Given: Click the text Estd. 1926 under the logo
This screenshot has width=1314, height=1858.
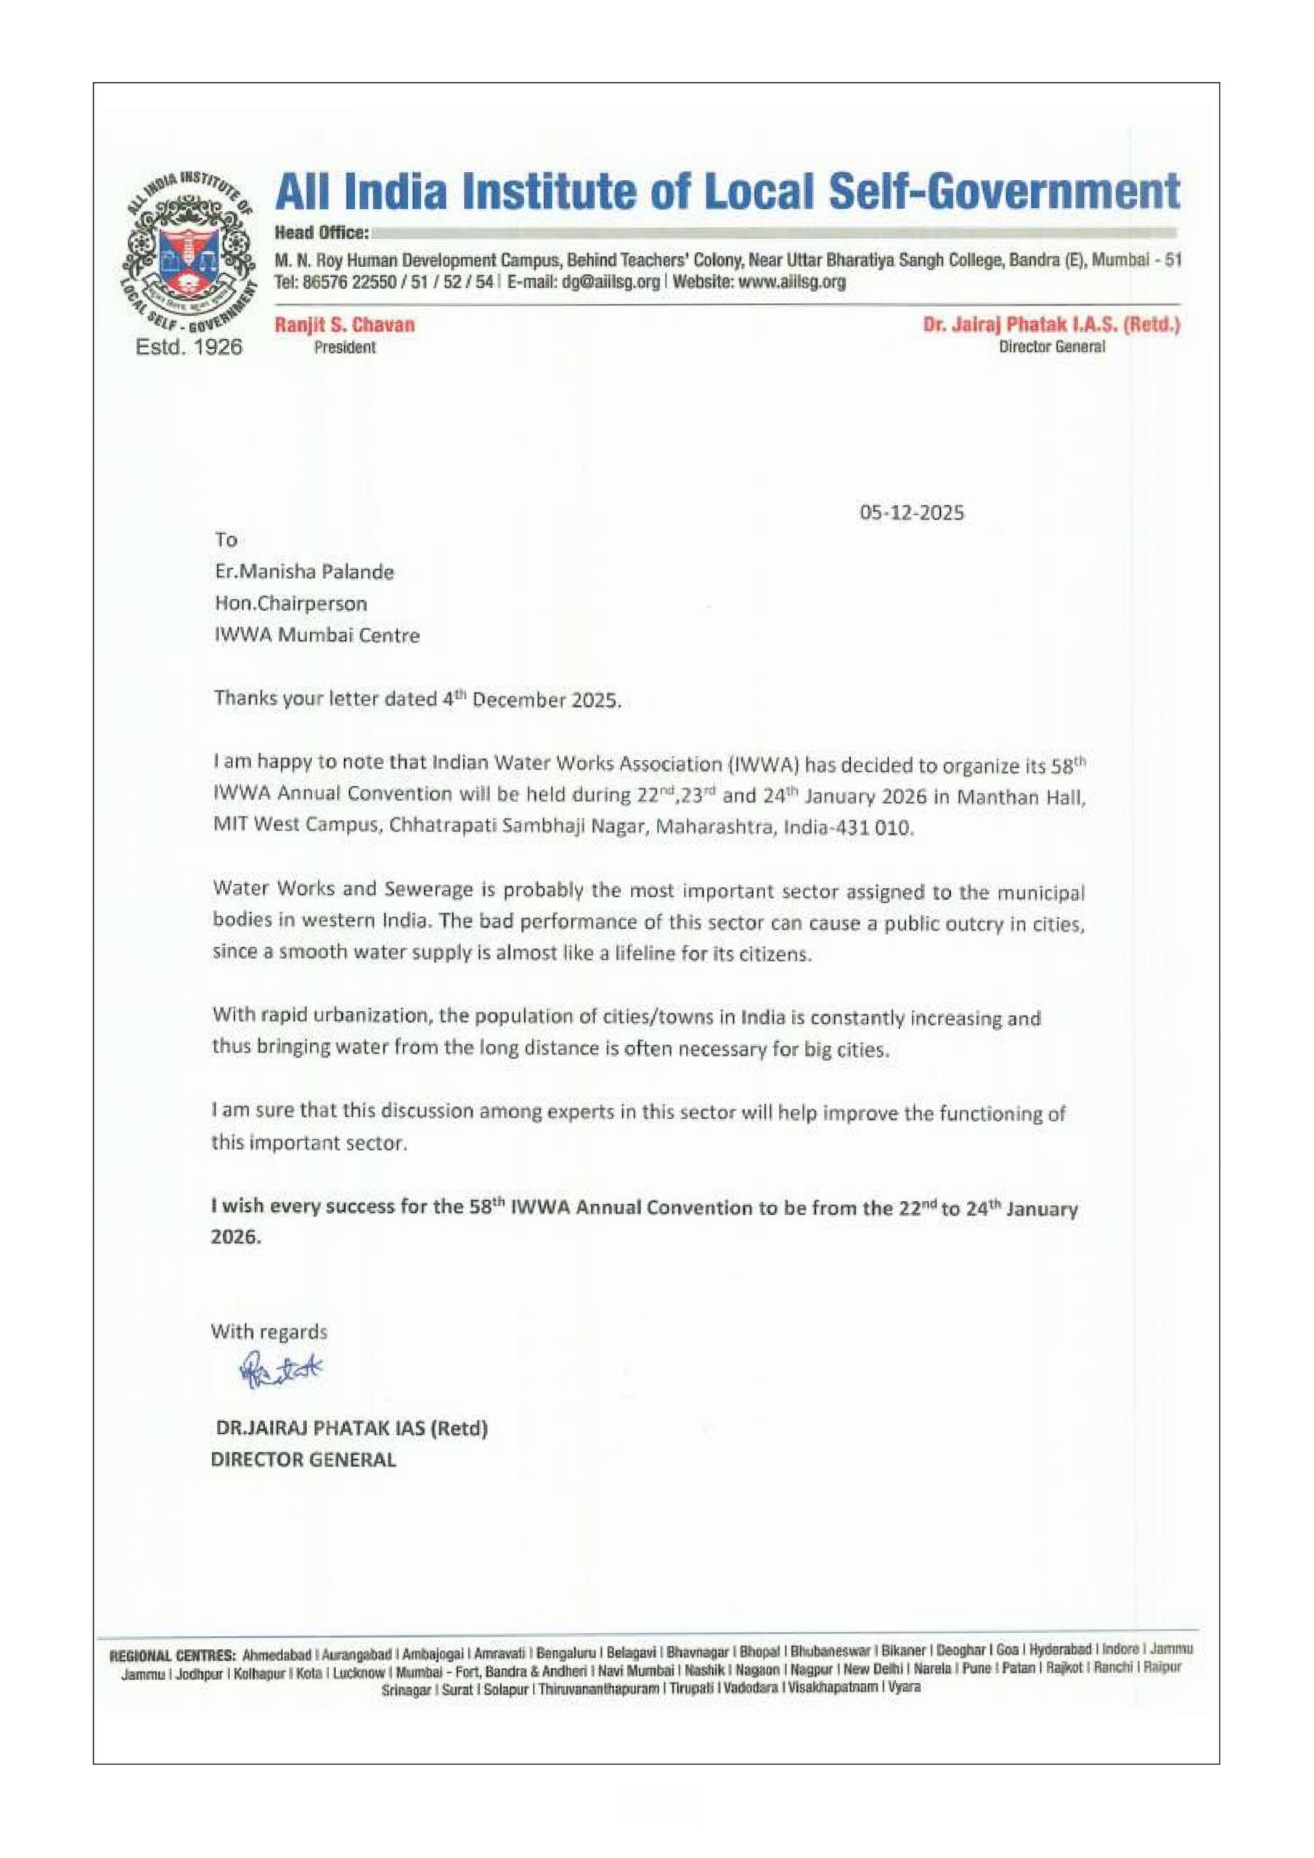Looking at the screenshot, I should [x=189, y=347].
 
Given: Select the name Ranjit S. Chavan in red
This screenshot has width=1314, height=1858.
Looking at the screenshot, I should [x=345, y=325].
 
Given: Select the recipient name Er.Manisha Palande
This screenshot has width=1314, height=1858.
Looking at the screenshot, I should [x=304, y=572].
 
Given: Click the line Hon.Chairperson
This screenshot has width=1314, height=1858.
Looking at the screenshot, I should [x=290, y=604].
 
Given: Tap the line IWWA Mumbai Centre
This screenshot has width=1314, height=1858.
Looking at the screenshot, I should [x=317, y=635].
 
